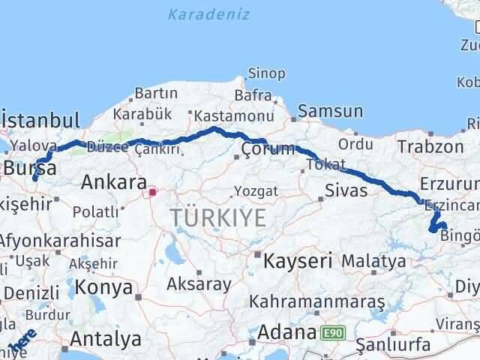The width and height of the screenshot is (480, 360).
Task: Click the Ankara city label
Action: [113, 182]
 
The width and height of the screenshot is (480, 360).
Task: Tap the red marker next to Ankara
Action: [152, 192]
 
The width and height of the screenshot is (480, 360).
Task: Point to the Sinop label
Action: [266, 73]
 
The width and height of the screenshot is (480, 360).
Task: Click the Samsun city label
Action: [330, 112]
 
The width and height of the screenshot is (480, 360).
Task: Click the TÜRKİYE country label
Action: [217, 218]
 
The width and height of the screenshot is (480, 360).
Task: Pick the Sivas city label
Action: [346, 190]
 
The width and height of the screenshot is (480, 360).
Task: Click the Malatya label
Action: [373, 261]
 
